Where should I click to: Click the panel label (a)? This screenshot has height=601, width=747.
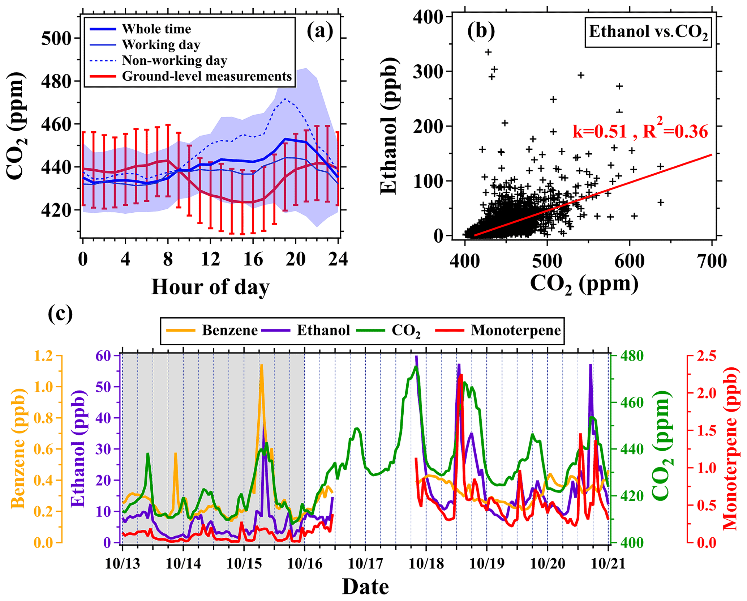click(x=320, y=31)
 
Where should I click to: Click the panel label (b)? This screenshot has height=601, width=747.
click(x=481, y=31)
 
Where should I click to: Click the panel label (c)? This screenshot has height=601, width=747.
click(x=60, y=314)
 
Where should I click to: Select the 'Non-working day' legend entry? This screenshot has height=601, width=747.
click(x=175, y=60)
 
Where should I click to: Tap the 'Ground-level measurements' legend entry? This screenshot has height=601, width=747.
click(x=207, y=76)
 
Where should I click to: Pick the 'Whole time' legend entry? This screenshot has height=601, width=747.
click(x=156, y=29)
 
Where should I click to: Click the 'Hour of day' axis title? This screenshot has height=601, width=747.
click(x=210, y=287)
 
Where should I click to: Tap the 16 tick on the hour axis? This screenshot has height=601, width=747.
click(x=253, y=259)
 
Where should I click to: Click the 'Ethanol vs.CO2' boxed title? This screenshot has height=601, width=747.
click(x=648, y=32)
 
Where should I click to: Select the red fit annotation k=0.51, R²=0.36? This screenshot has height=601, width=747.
click(x=640, y=131)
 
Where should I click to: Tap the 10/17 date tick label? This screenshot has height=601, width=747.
click(x=365, y=563)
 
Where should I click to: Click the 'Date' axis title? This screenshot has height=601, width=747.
click(x=365, y=587)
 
